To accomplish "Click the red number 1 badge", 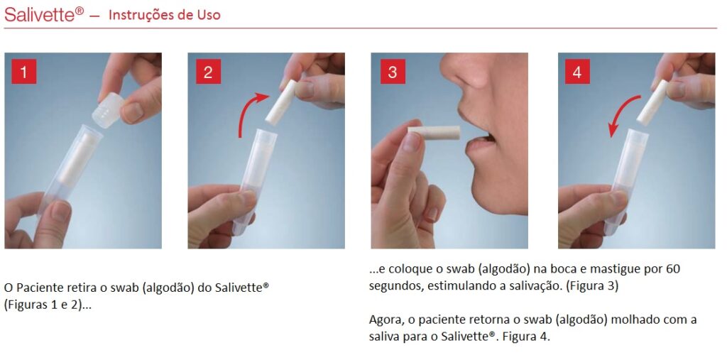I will [x=24, y=72].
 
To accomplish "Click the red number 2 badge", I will [x=208, y=72].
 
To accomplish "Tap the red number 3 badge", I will [x=393, y=72].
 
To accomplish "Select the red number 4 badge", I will [x=576, y=72].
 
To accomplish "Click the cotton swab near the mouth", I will [x=433, y=132].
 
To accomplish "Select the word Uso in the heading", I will [x=207, y=15].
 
